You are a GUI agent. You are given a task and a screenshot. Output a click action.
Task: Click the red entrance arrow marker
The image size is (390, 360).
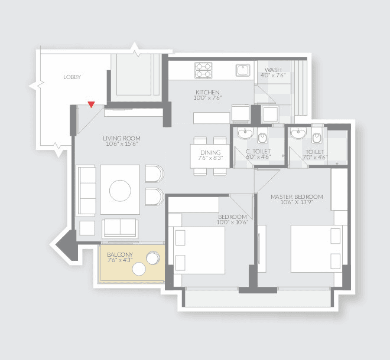click(90, 104)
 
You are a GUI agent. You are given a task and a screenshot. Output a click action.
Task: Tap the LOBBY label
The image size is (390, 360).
click(72, 77)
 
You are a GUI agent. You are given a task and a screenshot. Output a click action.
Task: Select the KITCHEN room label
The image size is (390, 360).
click(208, 92)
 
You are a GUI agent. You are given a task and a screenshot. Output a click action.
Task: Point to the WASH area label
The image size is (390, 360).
click(273, 69)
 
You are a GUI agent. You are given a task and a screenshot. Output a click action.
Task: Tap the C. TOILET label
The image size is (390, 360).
click(258, 151)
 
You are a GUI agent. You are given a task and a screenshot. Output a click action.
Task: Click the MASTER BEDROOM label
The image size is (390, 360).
click(297, 197)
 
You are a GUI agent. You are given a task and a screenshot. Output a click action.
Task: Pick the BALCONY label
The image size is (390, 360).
click(119, 254)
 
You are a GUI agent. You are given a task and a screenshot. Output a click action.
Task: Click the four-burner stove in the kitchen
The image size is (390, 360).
click(203, 70)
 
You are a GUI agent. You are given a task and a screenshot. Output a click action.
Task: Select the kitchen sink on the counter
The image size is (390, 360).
click(242, 70)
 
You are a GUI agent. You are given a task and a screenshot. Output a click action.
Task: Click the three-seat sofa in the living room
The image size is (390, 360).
click(87, 189)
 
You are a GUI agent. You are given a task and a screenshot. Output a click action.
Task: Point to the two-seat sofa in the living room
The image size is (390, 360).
click(121, 228)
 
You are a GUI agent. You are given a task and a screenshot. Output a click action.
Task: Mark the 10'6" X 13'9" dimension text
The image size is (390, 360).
click(296, 204)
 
